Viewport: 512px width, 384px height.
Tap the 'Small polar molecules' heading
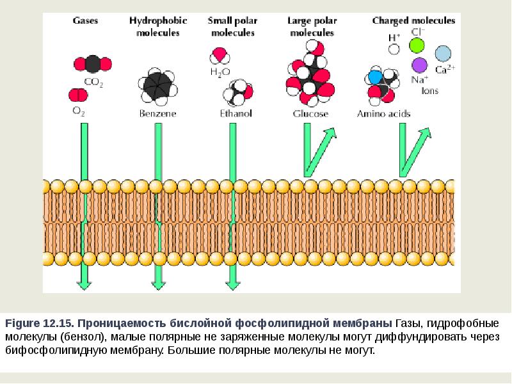[230, 26]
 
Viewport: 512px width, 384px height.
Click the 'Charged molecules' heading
[413, 20]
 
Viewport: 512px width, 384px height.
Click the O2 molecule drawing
[78, 96]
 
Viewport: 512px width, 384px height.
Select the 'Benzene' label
[157, 114]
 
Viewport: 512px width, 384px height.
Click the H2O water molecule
[220, 55]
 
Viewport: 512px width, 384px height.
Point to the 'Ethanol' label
[236, 114]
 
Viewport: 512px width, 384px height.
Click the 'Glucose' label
[310, 114]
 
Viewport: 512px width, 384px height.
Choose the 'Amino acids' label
[383, 114]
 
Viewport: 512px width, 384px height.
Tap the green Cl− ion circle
[417, 45]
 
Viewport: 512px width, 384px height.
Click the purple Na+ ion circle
[419, 65]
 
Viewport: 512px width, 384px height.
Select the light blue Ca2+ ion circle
[443, 53]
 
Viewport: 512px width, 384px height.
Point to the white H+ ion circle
[394, 48]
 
